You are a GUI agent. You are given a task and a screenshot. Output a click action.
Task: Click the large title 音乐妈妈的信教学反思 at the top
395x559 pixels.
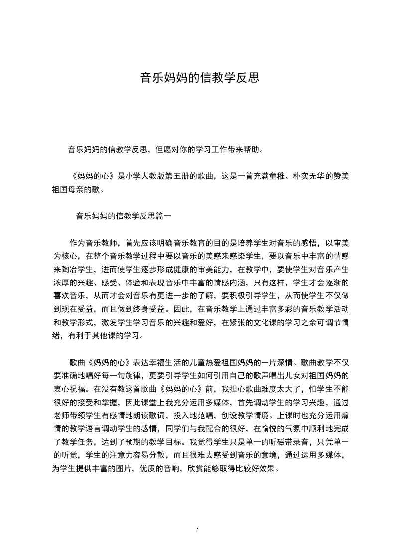[199, 78]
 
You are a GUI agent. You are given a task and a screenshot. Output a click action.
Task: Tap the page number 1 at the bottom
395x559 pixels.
[198, 531]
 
